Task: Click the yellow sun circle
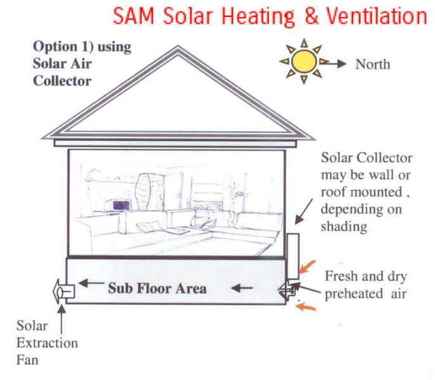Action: (x=304, y=61)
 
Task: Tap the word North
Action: (x=373, y=65)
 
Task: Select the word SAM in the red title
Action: (x=133, y=16)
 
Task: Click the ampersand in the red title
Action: (x=311, y=16)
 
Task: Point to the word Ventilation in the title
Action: (x=376, y=16)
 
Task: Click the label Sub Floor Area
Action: (x=157, y=288)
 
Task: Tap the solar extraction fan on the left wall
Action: (x=64, y=291)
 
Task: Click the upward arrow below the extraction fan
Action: (x=62, y=319)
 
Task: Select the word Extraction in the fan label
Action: (x=47, y=343)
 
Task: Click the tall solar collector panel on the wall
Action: (x=293, y=256)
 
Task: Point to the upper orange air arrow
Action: (x=308, y=267)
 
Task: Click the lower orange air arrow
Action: (x=306, y=307)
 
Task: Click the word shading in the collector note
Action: (x=344, y=227)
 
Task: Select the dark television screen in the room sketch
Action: (x=121, y=206)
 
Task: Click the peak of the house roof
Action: (x=178, y=46)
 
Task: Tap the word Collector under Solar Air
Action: (x=62, y=81)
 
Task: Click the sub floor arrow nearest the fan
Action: (x=91, y=283)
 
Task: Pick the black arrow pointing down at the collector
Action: (x=304, y=211)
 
